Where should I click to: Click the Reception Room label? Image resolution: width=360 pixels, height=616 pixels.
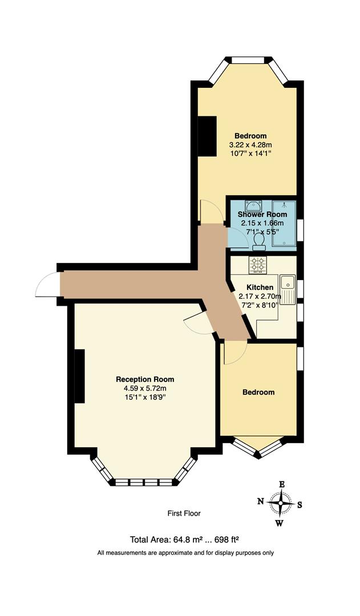click(x=145, y=379)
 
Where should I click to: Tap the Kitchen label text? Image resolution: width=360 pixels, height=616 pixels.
click(x=260, y=287)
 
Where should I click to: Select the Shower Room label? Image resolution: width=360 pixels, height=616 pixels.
click(x=262, y=214)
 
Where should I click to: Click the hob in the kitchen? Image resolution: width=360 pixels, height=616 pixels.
click(x=257, y=265)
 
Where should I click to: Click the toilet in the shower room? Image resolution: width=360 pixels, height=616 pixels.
click(x=259, y=242)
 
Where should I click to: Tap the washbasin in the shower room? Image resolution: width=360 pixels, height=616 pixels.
click(x=253, y=205)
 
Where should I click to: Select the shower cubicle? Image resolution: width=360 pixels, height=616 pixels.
click(x=284, y=225)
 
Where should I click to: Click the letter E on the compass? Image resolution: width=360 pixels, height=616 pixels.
click(x=281, y=484)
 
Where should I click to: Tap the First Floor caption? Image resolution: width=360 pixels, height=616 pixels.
click(x=184, y=513)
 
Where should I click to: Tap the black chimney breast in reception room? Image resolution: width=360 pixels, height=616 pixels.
click(x=79, y=376)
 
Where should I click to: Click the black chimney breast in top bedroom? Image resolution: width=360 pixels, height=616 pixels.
click(x=207, y=135)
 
